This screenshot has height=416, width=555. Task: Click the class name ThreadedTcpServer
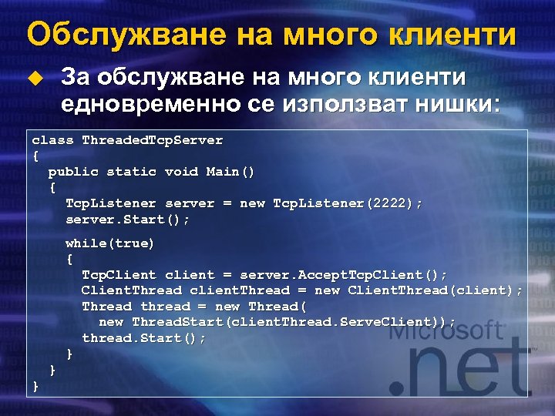coord(153,140)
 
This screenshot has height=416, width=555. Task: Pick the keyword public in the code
coord(73,172)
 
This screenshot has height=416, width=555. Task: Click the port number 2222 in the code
coord(391,203)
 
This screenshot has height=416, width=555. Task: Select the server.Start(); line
coord(127,220)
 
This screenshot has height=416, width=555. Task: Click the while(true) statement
coord(109,243)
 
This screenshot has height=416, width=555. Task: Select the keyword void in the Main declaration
coord(182,172)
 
